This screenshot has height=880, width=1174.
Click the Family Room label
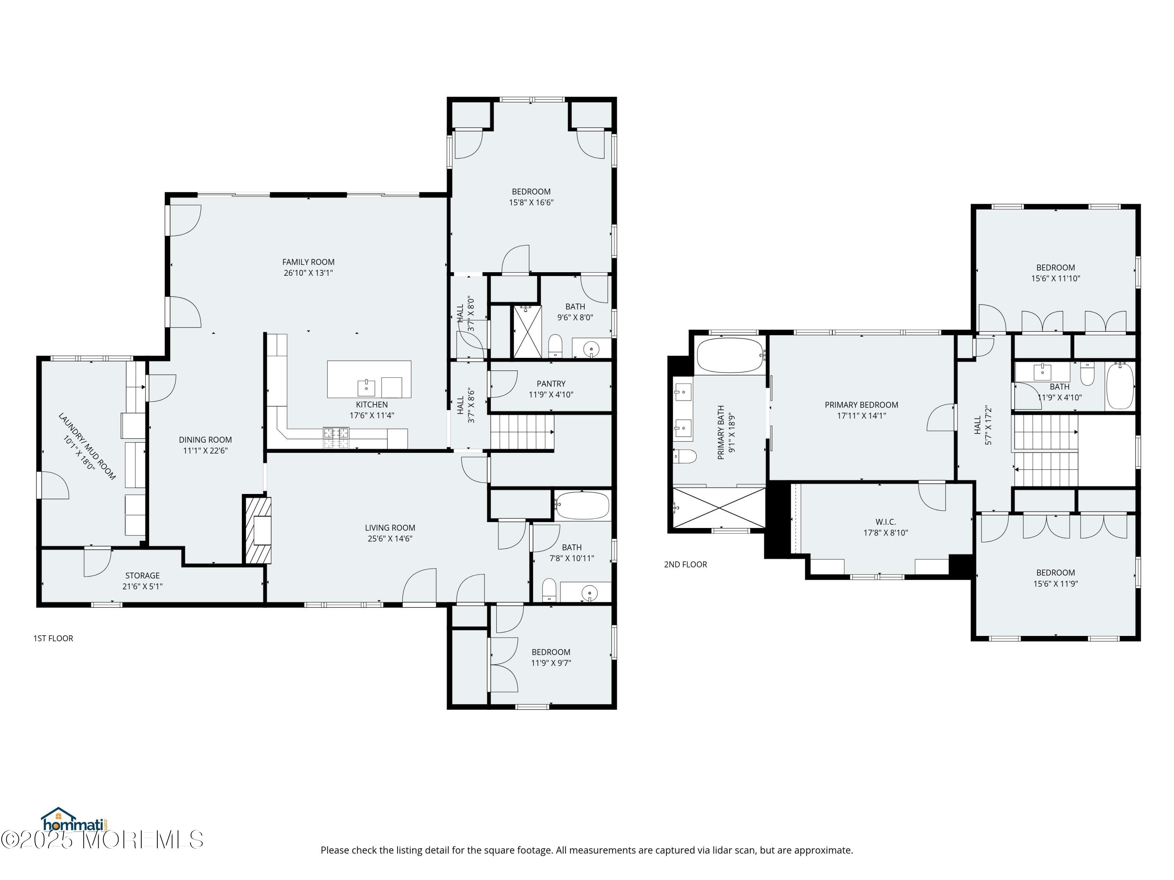click(x=308, y=262)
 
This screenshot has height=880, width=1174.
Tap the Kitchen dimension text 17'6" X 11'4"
click(x=371, y=415)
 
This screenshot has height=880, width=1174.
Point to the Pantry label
click(x=551, y=384)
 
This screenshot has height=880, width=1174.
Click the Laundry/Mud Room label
click(x=86, y=447)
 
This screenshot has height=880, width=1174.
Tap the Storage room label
click(x=142, y=576)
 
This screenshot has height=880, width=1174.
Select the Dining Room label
click(x=205, y=440)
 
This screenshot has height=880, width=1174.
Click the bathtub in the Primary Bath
click(x=730, y=356)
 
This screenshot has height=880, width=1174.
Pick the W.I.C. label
click(x=885, y=522)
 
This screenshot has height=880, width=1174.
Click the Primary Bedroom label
click(x=861, y=405)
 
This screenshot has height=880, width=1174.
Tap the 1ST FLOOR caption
click(x=53, y=638)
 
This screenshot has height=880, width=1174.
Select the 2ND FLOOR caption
click(x=685, y=564)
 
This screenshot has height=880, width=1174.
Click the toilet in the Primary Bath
click(x=685, y=456)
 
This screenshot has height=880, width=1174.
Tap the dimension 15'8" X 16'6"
click(x=531, y=202)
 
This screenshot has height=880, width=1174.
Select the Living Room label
click(x=390, y=528)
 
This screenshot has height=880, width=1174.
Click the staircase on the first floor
click(x=522, y=432)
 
